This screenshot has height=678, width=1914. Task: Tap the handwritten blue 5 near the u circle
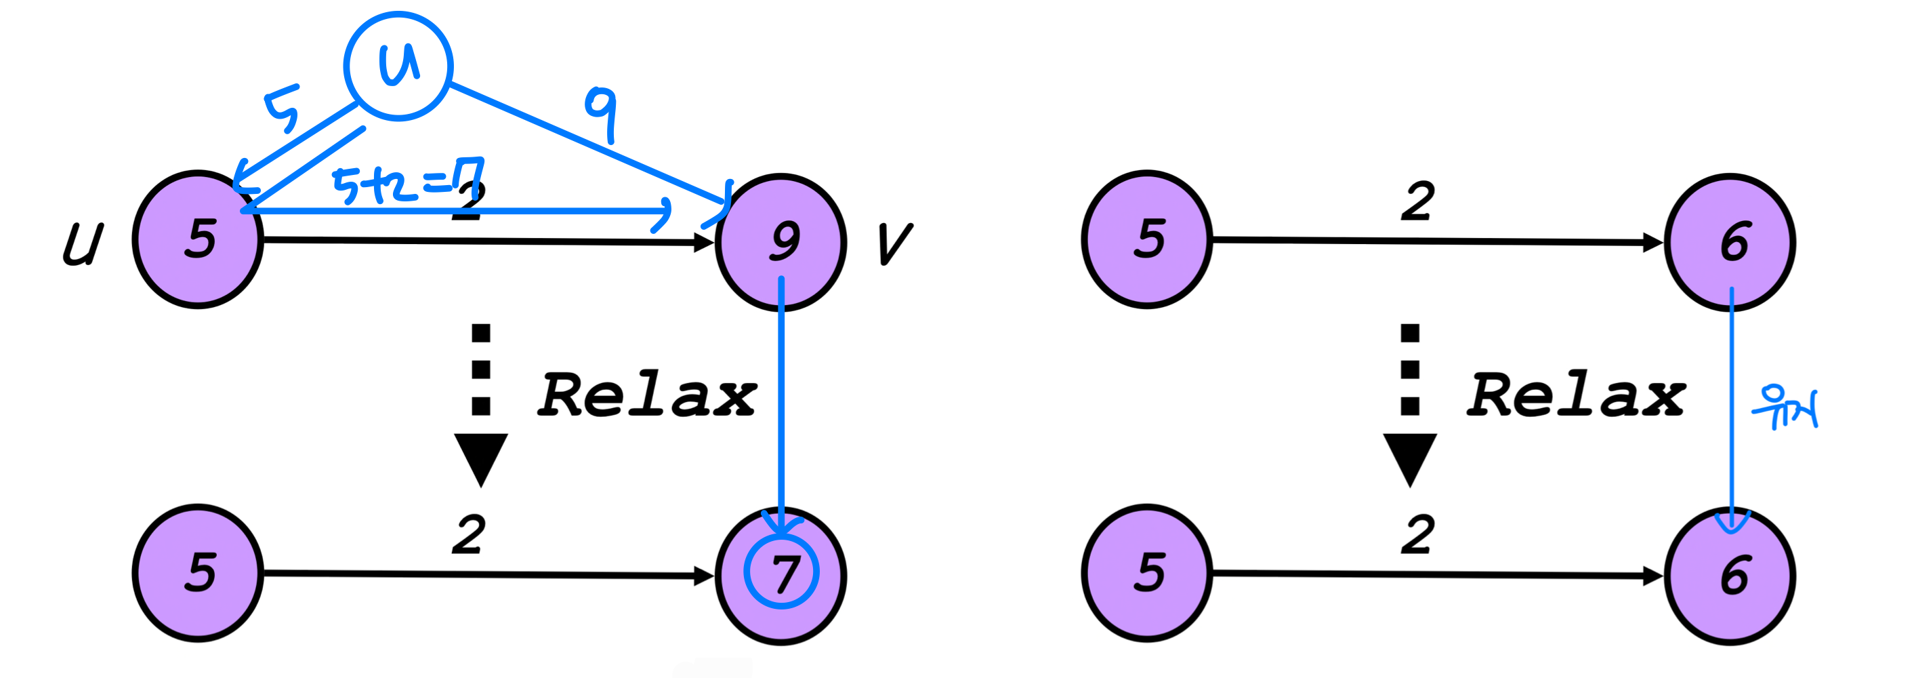283,108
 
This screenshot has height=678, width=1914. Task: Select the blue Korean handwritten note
1785,407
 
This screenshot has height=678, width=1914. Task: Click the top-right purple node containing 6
1730,241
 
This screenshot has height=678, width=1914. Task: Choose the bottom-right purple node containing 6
1730,575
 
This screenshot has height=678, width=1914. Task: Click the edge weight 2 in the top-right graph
1417,201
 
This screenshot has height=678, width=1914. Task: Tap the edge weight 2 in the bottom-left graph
469,534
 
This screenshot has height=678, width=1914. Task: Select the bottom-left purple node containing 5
199,572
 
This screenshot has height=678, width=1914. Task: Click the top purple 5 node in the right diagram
1147,239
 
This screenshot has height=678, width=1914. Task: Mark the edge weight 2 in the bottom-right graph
1417,534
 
